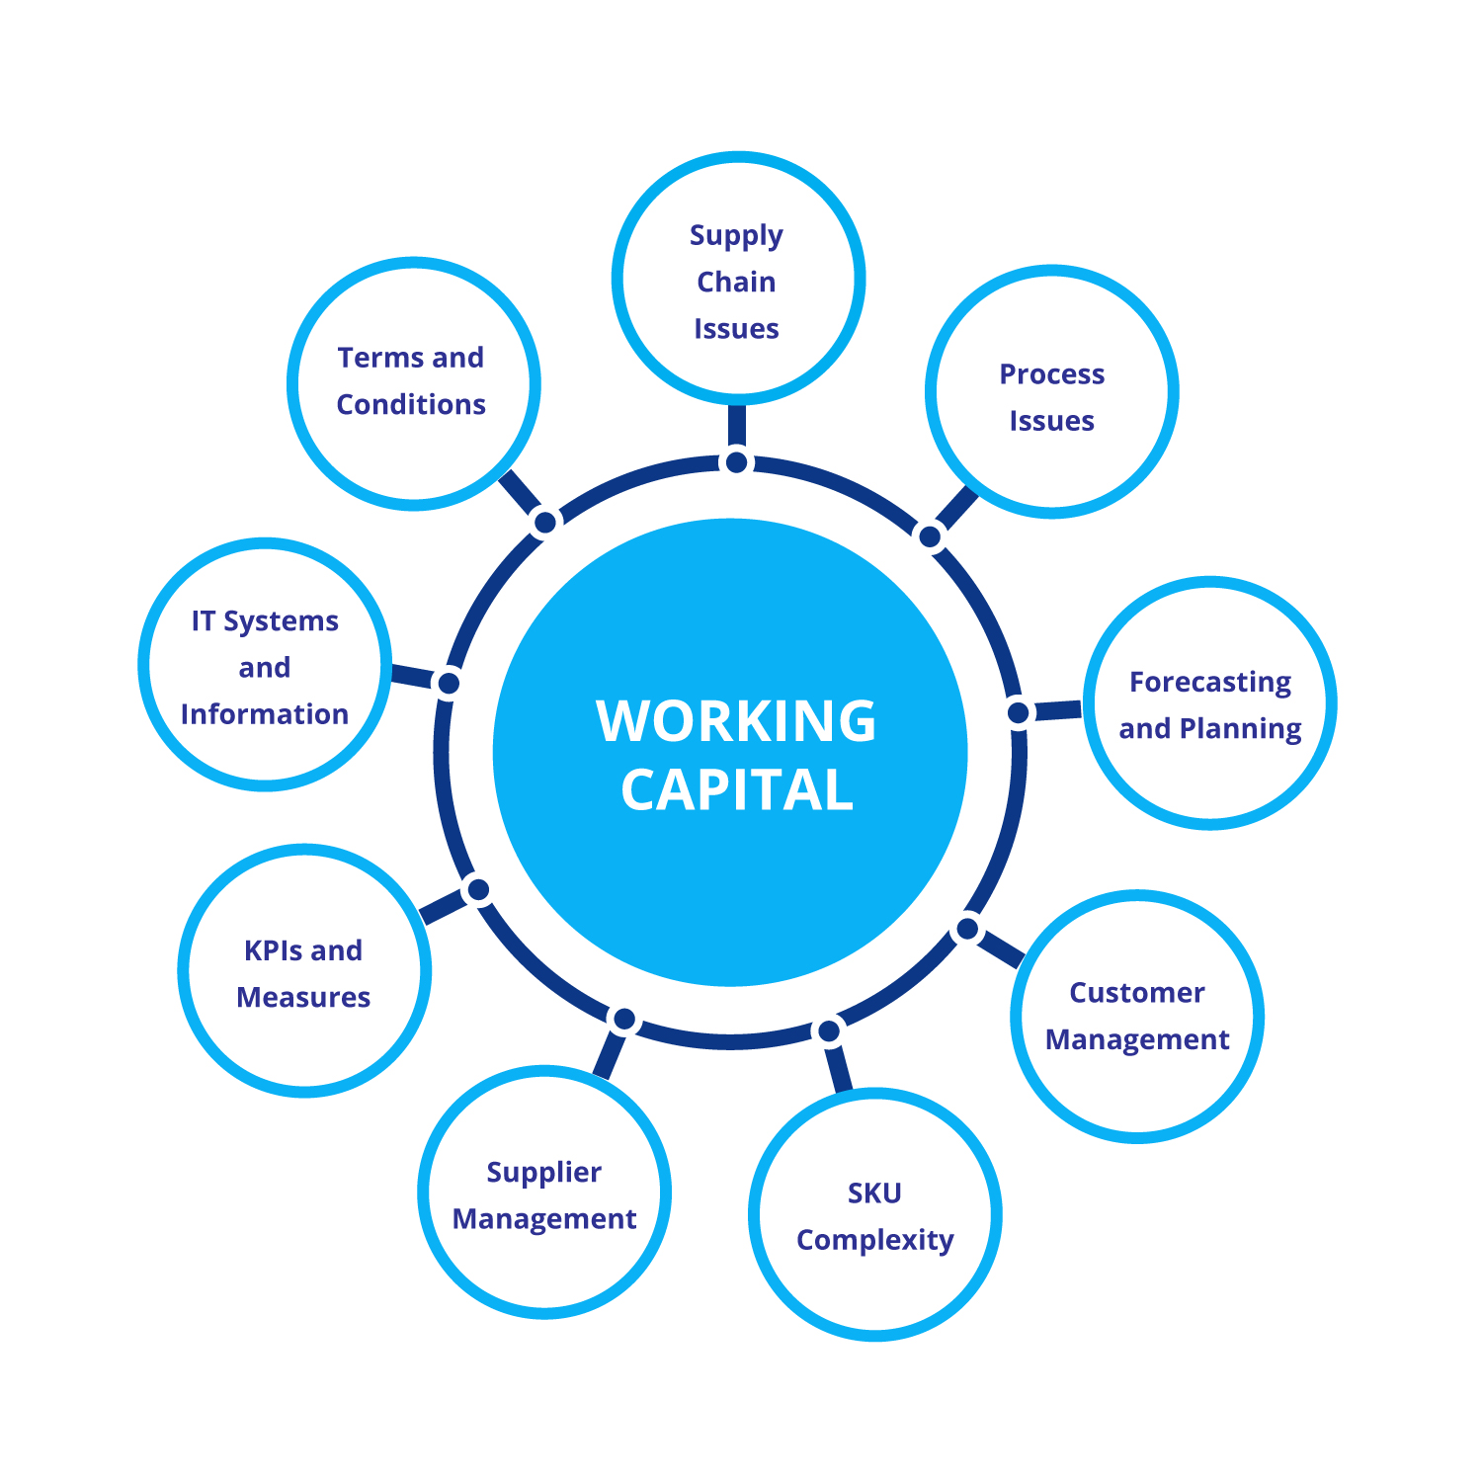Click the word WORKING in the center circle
736,720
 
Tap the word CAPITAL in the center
736,790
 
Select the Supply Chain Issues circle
738,280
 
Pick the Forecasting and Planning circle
1210,703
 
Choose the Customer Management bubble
1137,1017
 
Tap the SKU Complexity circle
875,1215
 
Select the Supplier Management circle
544,1193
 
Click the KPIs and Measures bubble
304,971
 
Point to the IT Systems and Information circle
265,666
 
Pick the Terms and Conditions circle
413,383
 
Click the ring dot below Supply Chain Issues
737,461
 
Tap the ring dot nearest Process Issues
930,536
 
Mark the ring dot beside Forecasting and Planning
1018,711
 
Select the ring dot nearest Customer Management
967,929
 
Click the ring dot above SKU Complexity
828,1031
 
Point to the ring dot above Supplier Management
624,1020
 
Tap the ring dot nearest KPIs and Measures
478,890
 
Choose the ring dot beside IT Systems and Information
449,683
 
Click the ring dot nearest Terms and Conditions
544,521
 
